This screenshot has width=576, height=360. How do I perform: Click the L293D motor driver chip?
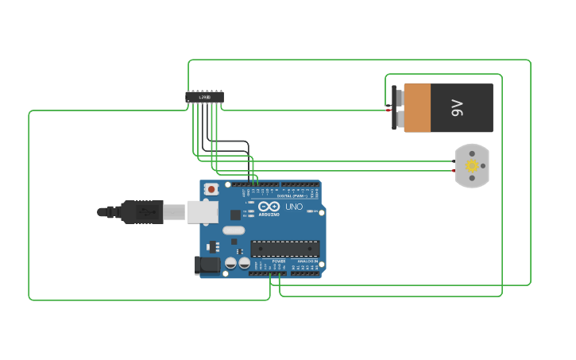(x=204, y=97)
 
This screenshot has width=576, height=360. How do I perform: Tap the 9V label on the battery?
(x=457, y=107)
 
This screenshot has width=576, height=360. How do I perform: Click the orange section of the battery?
(x=417, y=108)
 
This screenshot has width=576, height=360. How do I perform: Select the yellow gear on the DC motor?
(x=472, y=165)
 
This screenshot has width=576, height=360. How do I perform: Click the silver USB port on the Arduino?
(x=203, y=211)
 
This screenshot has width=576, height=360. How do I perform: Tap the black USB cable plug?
(x=143, y=212)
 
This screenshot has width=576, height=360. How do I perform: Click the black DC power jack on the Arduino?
(x=207, y=265)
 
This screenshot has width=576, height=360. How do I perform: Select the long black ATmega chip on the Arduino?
(x=285, y=249)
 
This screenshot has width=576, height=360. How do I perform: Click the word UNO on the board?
(x=294, y=207)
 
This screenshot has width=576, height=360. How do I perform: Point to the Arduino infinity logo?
(x=269, y=207)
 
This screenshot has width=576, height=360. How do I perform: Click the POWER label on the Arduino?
(x=279, y=261)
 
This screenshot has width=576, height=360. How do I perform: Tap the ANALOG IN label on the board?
(x=307, y=261)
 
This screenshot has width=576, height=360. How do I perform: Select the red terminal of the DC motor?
(x=454, y=170)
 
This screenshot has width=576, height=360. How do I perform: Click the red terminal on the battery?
(x=389, y=110)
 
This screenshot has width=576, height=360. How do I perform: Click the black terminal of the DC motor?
(x=454, y=161)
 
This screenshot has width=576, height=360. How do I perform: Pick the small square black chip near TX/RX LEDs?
(x=235, y=215)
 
